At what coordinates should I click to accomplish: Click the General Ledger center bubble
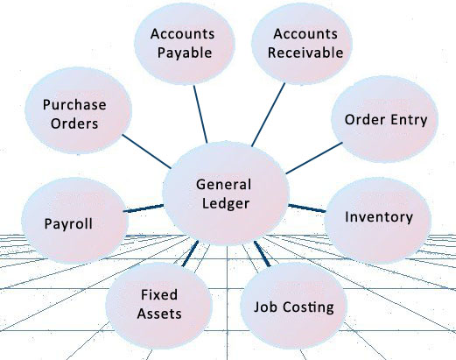(x=226, y=194)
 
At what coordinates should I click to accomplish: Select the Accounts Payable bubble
(x=185, y=44)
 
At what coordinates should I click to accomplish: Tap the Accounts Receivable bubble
(x=302, y=44)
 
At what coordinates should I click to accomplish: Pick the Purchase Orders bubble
(x=78, y=110)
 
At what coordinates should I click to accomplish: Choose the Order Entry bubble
(x=384, y=119)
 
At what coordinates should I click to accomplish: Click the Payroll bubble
(x=74, y=221)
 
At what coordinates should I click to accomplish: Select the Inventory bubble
(x=377, y=221)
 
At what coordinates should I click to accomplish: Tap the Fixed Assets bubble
(x=159, y=305)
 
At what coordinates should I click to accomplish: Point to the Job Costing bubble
(x=293, y=305)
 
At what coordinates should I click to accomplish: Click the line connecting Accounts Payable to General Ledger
(x=200, y=114)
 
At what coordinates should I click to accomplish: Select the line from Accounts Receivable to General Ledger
(x=268, y=115)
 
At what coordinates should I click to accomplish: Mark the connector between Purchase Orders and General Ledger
(x=146, y=152)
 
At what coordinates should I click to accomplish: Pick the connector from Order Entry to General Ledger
(x=314, y=158)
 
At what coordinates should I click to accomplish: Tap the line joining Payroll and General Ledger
(x=144, y=208)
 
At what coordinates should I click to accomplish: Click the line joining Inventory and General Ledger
(x=307, y=208)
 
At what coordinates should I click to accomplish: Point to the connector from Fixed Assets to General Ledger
(x=190, y=253)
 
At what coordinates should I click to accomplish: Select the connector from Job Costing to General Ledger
(x=263, y=253)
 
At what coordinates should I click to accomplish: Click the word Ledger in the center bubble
(x=226, y=204)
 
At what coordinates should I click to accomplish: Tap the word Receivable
(x=305, y=53)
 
